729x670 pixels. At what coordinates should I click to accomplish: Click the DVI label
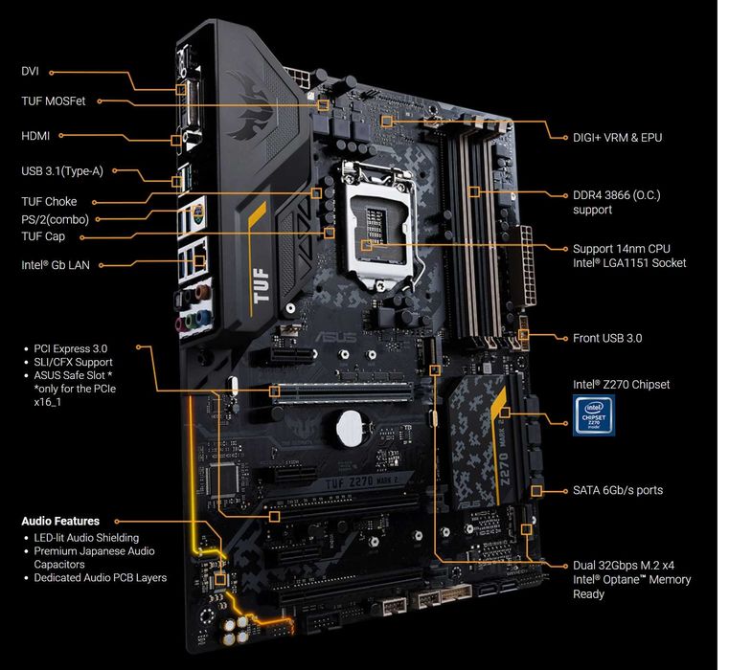(x=32, y=71)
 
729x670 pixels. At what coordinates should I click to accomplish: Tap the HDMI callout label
(x=35, y=136)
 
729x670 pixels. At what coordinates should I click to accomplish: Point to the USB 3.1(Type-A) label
(x=62, y=171)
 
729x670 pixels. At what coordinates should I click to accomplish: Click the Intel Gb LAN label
(x=56, y=264)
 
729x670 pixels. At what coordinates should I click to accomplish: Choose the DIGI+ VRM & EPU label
(x=617, y=137)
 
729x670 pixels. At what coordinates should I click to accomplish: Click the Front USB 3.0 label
(x=607, y=338)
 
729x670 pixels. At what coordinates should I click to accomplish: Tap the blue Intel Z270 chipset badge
(x=601, y=416)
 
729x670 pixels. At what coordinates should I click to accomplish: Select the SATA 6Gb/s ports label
(x=617, y=490)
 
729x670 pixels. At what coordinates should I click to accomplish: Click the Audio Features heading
(x=60, y=522)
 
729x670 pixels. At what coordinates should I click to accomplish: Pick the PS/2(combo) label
(x=61, y=219)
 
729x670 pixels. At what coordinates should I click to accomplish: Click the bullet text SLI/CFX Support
(x=72, y=362)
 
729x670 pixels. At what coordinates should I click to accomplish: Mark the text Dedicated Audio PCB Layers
(x=100, y=577)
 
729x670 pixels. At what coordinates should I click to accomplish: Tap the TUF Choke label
(x=49, y=202)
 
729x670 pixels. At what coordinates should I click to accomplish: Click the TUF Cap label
(x=44, y=235)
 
